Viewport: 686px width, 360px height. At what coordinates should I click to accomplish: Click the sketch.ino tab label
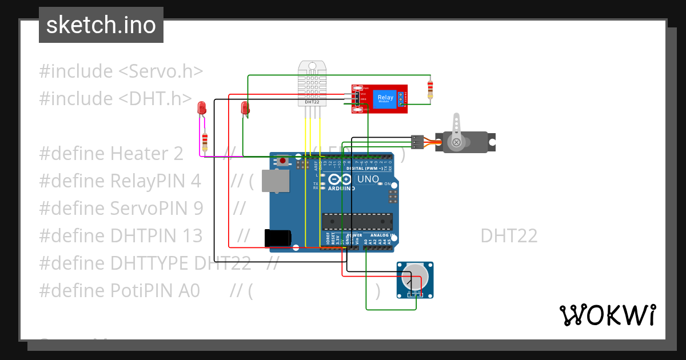(x=101, y=25)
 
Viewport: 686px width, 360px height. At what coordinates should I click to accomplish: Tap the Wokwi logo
(x=607, y=315)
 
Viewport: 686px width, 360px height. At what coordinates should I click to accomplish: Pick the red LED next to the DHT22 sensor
(x=245, y=107)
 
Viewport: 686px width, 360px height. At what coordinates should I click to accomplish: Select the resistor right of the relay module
(x=430, y=89)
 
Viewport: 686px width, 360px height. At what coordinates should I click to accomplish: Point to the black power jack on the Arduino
(x=278, y=238)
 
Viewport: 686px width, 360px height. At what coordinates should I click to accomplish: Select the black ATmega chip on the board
(x=358, y=221)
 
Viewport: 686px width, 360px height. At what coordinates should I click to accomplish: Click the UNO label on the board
(x=368, y=179)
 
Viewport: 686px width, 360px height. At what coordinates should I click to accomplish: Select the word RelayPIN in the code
(x=155, y=181)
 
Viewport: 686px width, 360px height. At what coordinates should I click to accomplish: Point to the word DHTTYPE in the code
(x=150, y=263)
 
